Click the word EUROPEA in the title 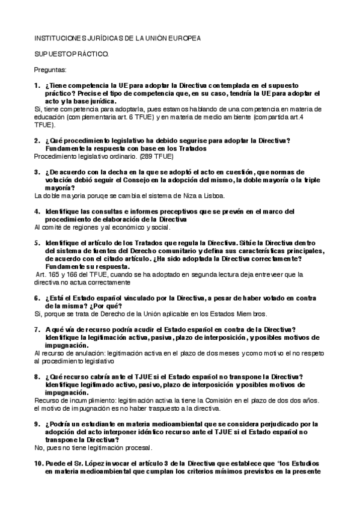pos(182,38)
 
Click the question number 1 pos(37,85)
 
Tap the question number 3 pos(37,172)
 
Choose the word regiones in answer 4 pos(78,227)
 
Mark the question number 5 pos(37,242)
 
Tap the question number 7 pos(37,329)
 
